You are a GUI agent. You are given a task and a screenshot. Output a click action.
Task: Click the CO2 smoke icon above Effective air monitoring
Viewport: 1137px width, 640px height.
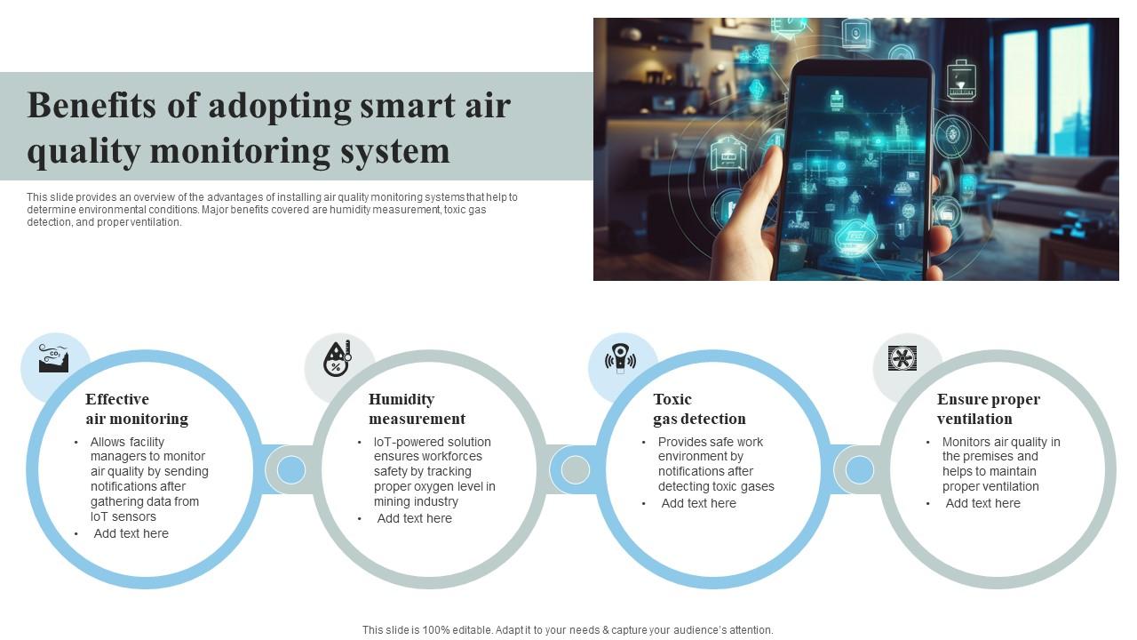coord(53,359)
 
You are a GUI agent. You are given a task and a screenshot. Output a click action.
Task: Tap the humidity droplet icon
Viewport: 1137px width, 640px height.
coord(337,359)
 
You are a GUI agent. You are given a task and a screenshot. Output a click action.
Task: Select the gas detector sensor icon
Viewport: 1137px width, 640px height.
coord(621,358)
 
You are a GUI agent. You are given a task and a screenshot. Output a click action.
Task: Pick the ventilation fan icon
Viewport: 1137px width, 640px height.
coord(902,358)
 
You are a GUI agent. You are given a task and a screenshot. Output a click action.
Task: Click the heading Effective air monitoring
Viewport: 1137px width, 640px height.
coord(137,409)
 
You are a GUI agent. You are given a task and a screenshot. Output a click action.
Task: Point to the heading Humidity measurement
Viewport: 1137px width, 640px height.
coord(417,409)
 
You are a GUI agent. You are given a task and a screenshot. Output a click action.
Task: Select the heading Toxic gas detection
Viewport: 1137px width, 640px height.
coord(699,409)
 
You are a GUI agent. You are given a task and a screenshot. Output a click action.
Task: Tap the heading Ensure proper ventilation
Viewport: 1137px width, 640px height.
coord(988,409)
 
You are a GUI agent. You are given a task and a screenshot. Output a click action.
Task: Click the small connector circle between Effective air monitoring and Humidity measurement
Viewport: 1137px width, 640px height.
coord(291,469)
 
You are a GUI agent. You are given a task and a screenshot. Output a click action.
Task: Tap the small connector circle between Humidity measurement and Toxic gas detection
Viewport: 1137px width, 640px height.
coord(575,469)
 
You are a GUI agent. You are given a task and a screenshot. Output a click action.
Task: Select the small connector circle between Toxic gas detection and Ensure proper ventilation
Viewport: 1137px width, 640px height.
coord(859,469)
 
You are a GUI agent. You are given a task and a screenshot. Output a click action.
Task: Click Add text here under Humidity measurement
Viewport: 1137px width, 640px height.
coord(414,518)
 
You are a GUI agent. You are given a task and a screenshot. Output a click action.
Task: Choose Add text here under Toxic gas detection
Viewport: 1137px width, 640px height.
coord(698,503)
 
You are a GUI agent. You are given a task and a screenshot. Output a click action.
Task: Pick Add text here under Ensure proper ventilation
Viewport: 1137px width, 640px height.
coord(982,503)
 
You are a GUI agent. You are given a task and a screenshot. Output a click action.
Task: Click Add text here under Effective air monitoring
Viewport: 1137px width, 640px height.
coord(131,533)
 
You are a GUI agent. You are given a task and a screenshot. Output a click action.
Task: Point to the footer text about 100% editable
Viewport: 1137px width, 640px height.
coord(568,630)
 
